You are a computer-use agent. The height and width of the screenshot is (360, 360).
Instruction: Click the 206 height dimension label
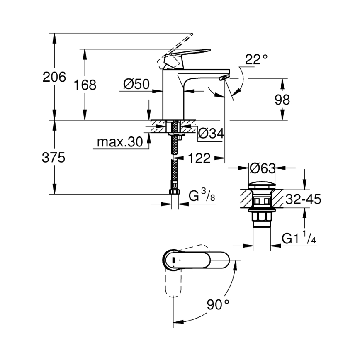(x=54, y=77)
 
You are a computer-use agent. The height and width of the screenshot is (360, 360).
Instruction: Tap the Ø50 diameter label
(x=136, y=84)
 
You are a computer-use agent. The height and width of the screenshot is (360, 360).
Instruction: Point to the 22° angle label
(x=256, y=60)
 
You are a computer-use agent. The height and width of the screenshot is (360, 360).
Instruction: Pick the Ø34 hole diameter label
(x=211, y=134)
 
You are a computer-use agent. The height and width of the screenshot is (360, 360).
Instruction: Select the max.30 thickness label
(x=120, y=142)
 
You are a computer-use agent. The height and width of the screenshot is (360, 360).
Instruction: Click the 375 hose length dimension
(x=54, y=158)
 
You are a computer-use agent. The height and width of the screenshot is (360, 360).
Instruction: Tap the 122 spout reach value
(x=199, y=158)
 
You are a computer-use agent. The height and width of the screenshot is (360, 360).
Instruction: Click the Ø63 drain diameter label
(x=263, y=168)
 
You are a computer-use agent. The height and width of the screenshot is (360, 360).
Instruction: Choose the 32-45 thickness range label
(x=304, y=200)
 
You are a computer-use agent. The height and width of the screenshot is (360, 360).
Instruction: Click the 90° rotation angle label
(x=219, y=305)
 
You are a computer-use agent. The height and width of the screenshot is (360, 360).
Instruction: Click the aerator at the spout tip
(x=224, y=78)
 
